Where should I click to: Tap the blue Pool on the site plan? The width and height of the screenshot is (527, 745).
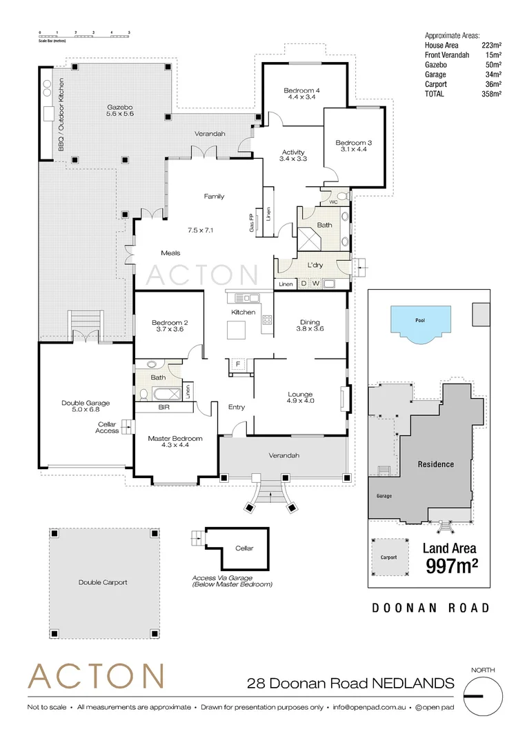420,322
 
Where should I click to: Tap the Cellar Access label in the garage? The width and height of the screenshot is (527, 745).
107,427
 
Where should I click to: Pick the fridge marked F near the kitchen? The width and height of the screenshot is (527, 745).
239,363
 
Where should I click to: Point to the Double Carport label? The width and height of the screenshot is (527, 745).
103,582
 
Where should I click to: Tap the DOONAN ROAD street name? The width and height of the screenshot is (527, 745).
430,608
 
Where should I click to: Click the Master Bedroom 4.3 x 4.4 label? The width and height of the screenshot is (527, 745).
175,441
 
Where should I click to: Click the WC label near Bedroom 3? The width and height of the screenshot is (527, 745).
333,203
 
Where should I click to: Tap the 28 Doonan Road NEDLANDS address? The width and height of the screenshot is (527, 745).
351,684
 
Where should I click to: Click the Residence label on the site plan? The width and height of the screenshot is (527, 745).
436,464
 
